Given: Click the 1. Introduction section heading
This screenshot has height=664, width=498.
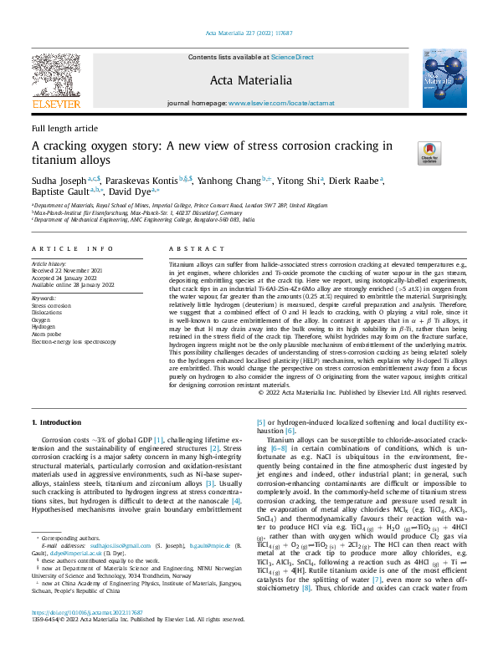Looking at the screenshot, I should (56, 422).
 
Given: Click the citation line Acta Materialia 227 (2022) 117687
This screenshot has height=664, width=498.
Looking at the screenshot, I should (249, 33).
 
